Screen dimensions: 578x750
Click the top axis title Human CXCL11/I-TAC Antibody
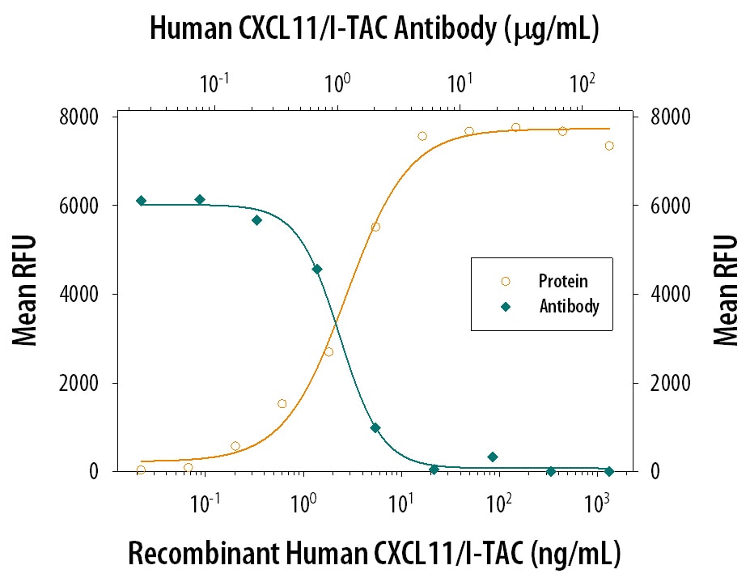374,29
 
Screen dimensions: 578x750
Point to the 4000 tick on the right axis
668,295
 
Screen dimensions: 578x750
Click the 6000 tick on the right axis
668,206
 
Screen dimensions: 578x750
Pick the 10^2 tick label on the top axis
582,82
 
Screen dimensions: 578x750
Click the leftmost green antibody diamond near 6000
142,201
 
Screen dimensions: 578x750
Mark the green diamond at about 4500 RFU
317,269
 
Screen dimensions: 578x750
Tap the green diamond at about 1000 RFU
375,427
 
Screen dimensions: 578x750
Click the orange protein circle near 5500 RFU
375,227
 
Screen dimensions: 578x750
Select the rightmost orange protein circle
609,146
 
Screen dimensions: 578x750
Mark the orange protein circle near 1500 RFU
282,403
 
